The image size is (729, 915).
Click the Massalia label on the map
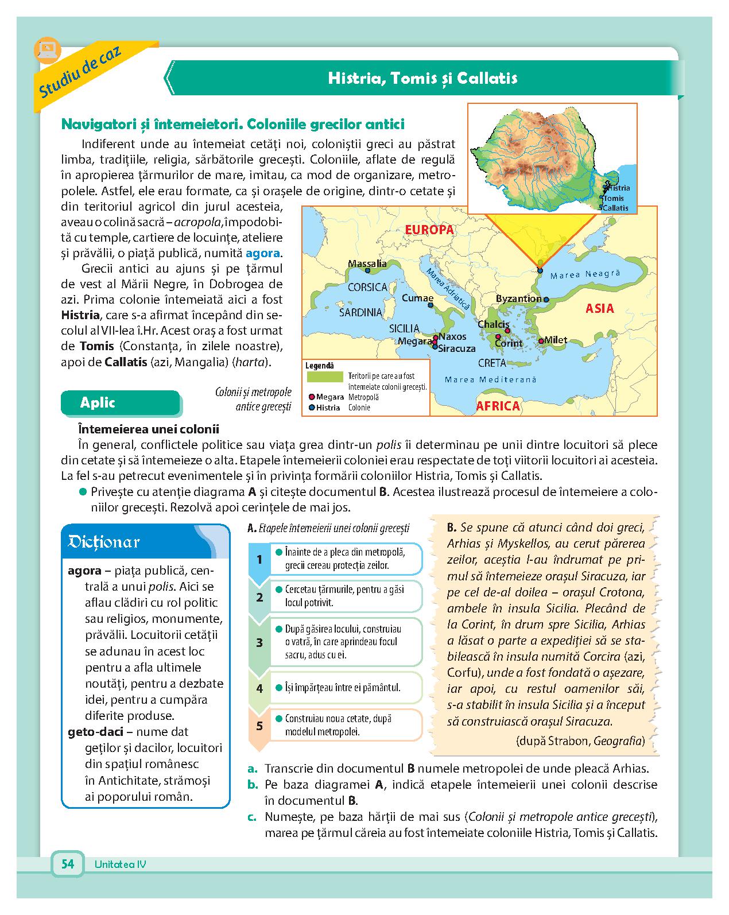(x=367, y=264)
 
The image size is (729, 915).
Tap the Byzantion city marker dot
(x=546, y=300)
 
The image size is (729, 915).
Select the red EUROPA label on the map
(x=429, y=230)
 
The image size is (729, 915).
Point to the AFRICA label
(x=498, y=406)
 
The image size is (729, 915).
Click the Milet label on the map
(x=556, y=340)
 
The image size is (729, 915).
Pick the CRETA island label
(x=492, y=363)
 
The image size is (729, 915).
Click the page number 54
(x=68, y=864)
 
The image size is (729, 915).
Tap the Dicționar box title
(x=104, y=542)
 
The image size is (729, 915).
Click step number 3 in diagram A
(x=259, y=642)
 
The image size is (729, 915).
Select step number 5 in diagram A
(x=259, y=726)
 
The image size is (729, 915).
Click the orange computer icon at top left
(x=45, y=49)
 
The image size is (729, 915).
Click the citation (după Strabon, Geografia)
(x=580, y=741)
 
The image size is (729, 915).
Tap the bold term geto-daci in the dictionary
(x=96, y=732)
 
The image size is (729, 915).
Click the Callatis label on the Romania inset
(x=616, y=208)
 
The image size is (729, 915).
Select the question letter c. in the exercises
(x=251, y=817)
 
